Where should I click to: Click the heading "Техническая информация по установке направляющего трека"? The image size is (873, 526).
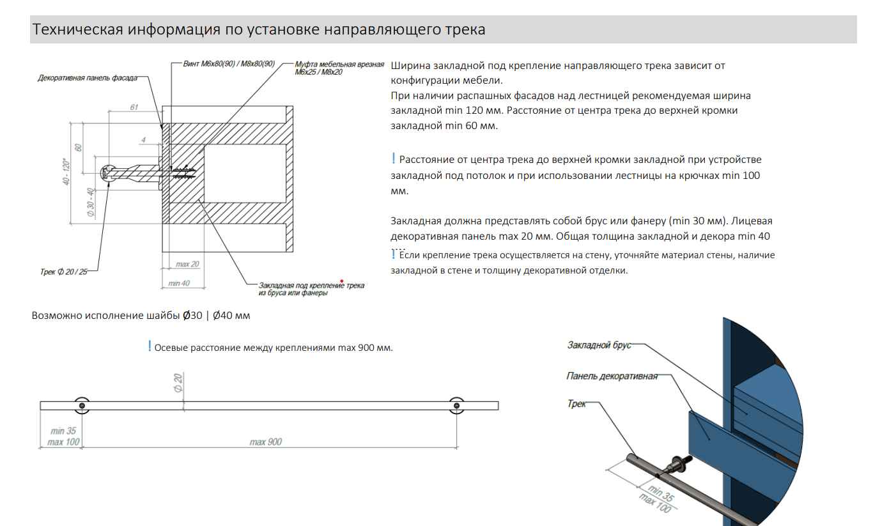[259, 30]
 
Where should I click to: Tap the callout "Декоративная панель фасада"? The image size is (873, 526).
[88, 78]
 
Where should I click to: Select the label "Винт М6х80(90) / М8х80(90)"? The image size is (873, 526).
[229, 65]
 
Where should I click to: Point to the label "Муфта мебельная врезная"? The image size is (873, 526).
[339, 65]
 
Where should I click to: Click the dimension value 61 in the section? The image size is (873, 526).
[134, 107]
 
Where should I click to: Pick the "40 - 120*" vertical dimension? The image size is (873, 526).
[65, 173]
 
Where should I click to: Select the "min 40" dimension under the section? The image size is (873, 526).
[178, 283]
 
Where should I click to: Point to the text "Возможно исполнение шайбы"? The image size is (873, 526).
[105, 316]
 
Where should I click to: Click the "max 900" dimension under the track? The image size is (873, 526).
[265, 442]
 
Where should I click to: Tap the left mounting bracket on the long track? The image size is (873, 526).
[81, 405]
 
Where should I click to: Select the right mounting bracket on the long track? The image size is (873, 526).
[456, 405]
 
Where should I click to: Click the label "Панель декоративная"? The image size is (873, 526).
[612, 376]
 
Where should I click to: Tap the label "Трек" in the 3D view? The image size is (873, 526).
[576, 404]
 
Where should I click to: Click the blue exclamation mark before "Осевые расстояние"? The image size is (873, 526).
[149, 346]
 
